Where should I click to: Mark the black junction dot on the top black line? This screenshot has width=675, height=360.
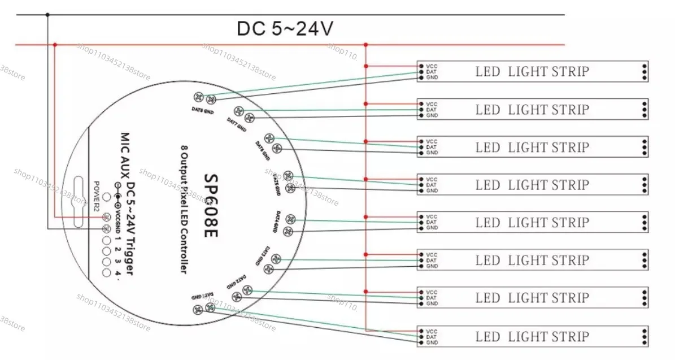pyautogui.click(x=47, y=14)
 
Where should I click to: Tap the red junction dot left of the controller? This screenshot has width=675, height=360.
pyautogui.click(x=55, y=44)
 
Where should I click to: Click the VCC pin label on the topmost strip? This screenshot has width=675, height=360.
pyautogui.click(x=432, y=66)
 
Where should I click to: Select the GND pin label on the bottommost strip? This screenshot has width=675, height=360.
pyautogui.click(x=432, y=342)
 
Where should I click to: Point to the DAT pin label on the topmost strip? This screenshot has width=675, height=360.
pyautogui.click(x=432, y=72)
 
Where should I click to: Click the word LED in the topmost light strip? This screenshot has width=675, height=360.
pyautogui.click(x=487, y=72)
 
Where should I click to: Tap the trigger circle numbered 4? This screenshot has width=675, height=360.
pyautogui.click(x=106, y=272)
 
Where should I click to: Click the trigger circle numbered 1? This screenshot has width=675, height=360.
pyautogui.click(x=106, y=239)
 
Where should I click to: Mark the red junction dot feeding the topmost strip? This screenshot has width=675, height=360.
pyautogui.click(x=366, y=66)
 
